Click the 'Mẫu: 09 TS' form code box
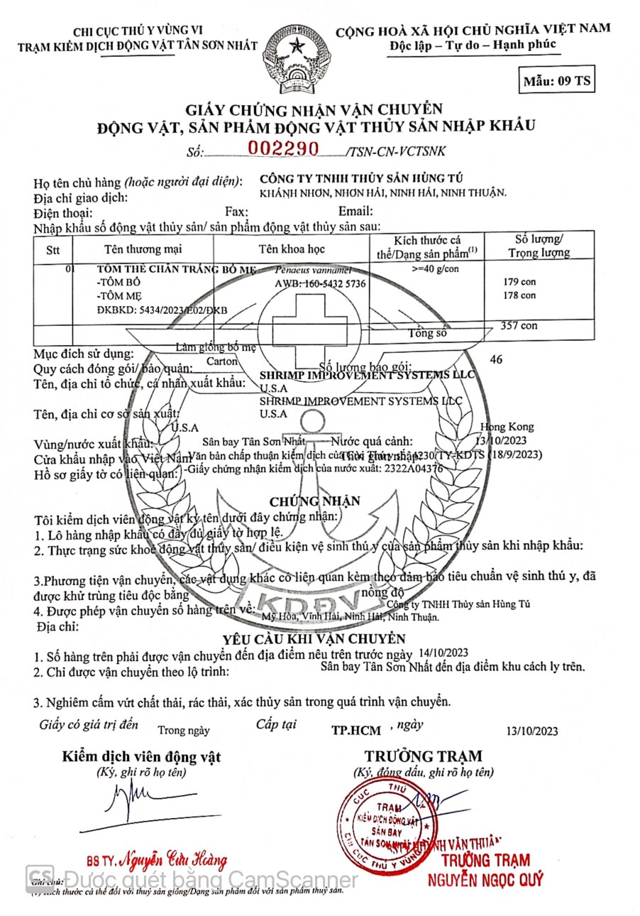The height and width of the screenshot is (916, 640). pos(557,80)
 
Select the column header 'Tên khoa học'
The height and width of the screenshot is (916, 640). pos(292,249)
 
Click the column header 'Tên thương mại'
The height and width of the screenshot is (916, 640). pos(143,249)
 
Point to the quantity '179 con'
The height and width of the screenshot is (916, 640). pos(519,282)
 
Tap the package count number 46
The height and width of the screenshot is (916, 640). pos(496,359)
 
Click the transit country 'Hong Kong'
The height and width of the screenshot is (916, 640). pos(507,427)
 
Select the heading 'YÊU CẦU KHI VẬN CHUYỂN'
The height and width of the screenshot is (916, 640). pos(314,639)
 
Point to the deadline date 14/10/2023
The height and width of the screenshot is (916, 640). pos(443,653)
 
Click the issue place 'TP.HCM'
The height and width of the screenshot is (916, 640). pos(356,730)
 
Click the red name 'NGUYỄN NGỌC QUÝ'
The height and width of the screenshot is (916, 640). pos(485,880)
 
